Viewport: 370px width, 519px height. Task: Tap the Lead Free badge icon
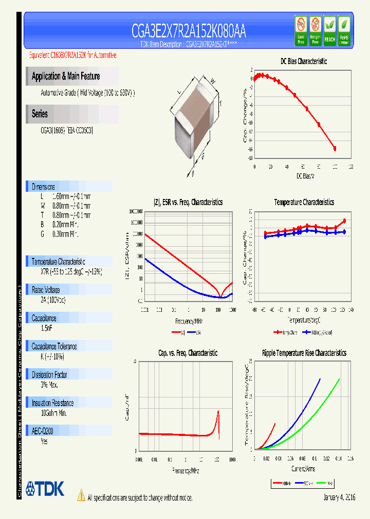point(301,30)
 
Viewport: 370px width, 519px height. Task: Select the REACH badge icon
point(329,30)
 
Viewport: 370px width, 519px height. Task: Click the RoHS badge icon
point(344,30)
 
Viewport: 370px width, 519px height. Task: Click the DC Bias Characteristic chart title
point(303,62)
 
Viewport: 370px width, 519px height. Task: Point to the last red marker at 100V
point(335,149)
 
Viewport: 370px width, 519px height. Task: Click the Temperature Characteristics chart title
point(304,203)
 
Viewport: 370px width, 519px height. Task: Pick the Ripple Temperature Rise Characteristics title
point(304,353)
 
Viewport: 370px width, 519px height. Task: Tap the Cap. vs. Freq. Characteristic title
point(188,353)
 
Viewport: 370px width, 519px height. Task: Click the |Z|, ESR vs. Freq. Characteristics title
point(188,203)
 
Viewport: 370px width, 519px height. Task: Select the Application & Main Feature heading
point(66,76)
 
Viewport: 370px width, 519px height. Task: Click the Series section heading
point(40,114)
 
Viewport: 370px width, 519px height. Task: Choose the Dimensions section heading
point(43,187)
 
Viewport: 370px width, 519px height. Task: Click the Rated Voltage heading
point(46,290)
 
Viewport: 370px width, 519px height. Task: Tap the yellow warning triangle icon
point(81,495)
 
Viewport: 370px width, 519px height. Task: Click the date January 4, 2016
point(339,498)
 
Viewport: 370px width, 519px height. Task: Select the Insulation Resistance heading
point(52,403)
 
